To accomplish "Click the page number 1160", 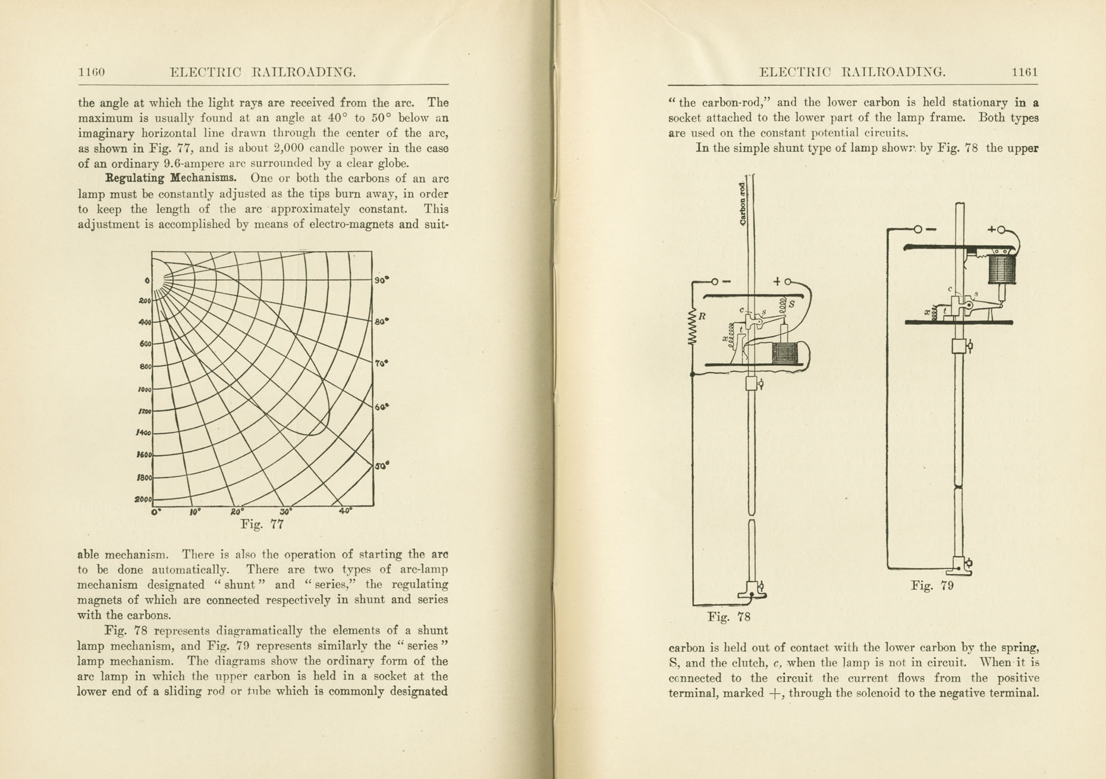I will point(91,73).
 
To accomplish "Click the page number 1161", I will point(1025,73).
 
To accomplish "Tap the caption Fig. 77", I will point(262,524).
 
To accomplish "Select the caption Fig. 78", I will point(729,617).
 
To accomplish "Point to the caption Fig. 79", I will point(932,586).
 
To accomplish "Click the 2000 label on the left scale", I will point(143,499).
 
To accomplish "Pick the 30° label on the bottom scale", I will point(284,511).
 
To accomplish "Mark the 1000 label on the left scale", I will point(144,389).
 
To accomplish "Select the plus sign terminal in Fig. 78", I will point(777,281).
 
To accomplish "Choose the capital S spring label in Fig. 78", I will point(791,304).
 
